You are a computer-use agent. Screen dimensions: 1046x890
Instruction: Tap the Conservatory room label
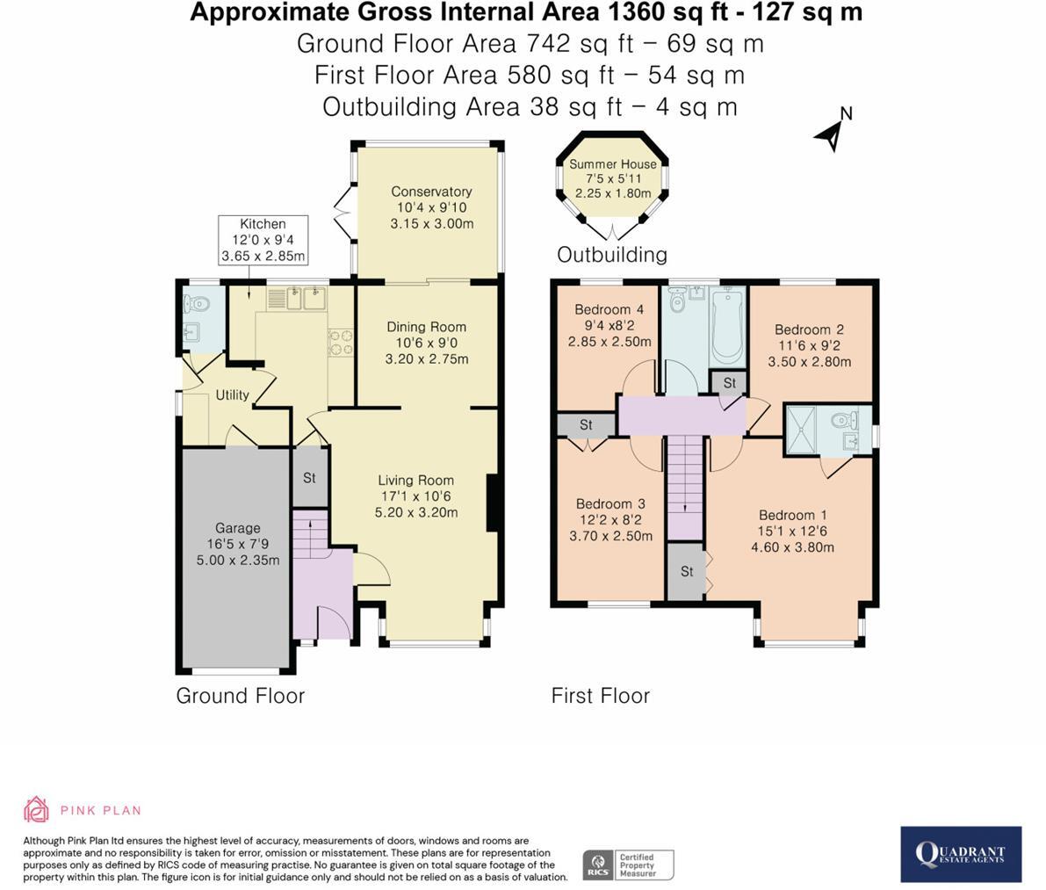tap(431, 192)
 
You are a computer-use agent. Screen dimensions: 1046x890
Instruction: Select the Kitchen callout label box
tap(263, 240)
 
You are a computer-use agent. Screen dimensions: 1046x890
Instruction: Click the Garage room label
tap(237, 528)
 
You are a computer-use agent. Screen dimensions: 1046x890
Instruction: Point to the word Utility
tap(232, 395)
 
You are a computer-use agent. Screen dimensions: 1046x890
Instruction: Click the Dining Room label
tap(426, 327)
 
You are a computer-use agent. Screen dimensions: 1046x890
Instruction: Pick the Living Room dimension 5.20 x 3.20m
tap(416, 512)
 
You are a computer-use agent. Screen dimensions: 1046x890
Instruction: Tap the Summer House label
tap(612, 164)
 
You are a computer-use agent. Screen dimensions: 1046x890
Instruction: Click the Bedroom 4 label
tap(609, 309)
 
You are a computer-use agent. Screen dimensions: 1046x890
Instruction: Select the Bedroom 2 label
tap(809, 329)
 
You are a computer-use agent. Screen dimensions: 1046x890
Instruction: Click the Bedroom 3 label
tap(610, 503)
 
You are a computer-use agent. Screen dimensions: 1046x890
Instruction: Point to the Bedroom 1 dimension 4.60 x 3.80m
tap(792, 547)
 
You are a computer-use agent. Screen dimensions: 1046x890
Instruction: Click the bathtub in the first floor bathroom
tap(728, 325)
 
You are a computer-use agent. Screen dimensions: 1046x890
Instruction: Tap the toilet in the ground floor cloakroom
tap(196, 304)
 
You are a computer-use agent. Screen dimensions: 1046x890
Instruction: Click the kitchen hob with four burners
tap(340, 343)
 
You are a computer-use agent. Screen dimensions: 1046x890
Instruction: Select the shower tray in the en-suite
tap(800, 430)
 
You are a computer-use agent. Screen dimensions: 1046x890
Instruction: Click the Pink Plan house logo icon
tap(36, 809)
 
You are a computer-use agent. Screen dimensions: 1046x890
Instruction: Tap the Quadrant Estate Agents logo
tap(961, 854)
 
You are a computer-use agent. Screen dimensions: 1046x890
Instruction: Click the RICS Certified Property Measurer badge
tap(629, 865)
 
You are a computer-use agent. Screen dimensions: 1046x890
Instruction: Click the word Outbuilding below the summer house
tap(612, 254)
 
